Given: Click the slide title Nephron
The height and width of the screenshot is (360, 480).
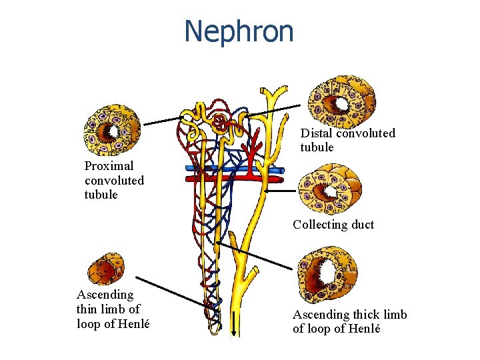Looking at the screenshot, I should [239, 31].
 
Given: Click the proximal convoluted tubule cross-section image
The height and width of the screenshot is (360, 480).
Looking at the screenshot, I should [112, 131].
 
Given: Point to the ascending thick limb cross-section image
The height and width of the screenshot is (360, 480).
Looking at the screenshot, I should [327, 273].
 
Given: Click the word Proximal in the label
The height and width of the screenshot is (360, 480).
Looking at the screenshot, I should [109, 166].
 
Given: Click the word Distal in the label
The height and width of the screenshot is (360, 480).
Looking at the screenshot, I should [316, 133].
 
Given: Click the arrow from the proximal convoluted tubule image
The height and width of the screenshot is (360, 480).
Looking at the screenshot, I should [163, 120].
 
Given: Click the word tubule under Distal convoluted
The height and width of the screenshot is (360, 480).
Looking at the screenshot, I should [317, 147].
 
